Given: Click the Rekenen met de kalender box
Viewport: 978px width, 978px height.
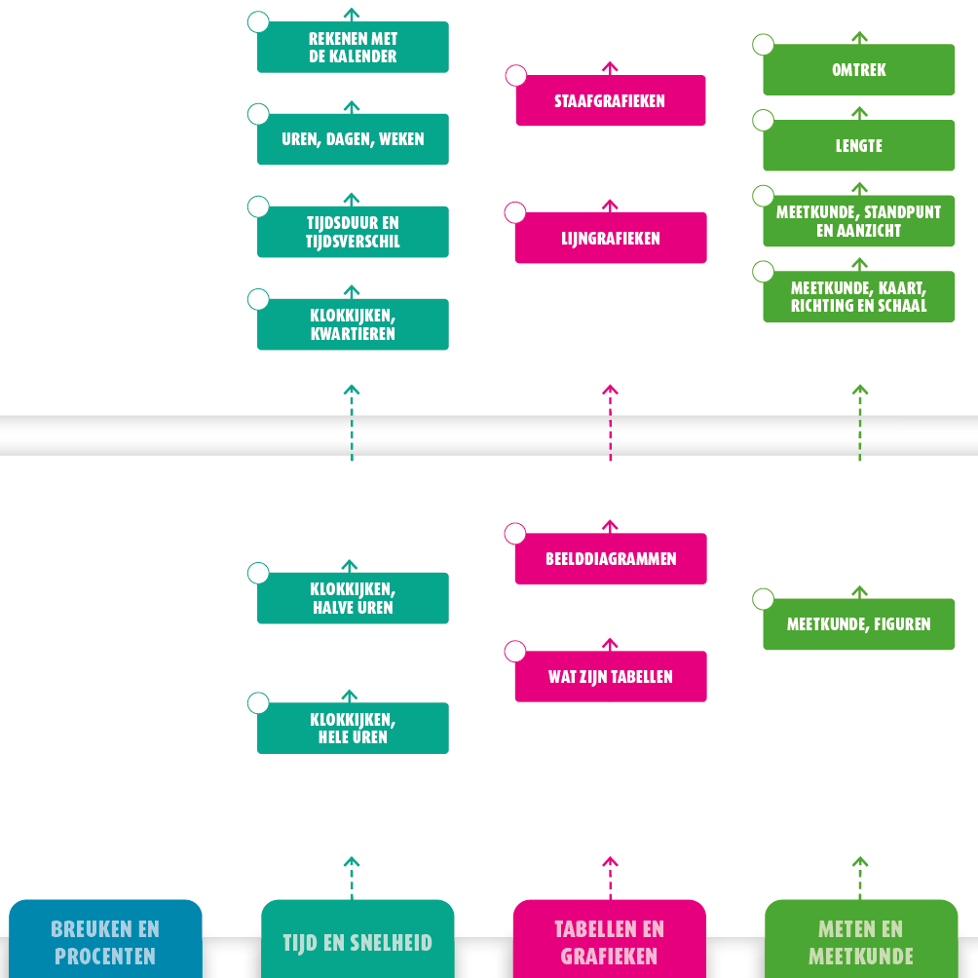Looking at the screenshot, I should coord(353,48).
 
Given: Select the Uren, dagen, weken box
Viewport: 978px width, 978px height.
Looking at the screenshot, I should coord(353,139).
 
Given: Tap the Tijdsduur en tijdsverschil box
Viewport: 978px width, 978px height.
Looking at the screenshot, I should coord(353,232).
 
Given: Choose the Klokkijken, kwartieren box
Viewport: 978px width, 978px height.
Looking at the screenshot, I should coord(353,324).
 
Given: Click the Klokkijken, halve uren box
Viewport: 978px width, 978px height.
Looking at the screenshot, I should coord(353,598).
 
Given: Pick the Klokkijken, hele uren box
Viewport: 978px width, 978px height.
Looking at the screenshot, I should coord(353,728).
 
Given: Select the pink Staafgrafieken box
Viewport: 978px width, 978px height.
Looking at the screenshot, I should coord(611,100).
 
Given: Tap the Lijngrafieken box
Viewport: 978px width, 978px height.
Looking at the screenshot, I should coord(611,238).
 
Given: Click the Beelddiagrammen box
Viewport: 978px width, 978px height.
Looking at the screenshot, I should coord(611,559).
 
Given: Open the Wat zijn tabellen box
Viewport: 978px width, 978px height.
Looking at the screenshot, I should coord(611,677).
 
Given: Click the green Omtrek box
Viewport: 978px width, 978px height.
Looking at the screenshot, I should coord(859,70).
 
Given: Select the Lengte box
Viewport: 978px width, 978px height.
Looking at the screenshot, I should coord(859,146).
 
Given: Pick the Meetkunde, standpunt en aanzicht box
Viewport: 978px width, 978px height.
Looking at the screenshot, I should coord(859,221).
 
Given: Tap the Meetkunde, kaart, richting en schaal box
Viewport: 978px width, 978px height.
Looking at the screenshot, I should coord(859,297).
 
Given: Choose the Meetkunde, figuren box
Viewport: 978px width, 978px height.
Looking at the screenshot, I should coord(859,624).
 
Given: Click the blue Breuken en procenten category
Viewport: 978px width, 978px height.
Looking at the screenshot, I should coord(105,941).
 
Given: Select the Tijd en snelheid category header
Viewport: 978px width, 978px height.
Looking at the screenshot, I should coord(357,941).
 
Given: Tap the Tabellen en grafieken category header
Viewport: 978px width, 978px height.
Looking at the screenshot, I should coord(610,941).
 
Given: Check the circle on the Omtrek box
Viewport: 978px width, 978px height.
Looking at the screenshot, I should coord(764,45).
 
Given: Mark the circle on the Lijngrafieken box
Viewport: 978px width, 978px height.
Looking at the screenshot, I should coord(515,213).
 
